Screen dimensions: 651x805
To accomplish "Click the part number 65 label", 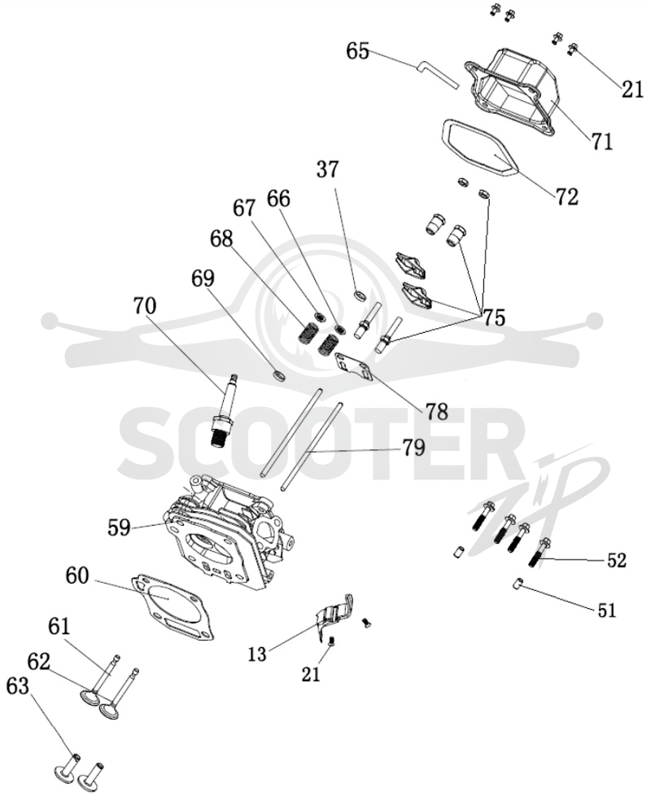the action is (x=358, y=51).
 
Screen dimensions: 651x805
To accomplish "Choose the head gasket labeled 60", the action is (x=173, y=607).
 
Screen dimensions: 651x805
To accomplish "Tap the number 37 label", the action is (x=328, y=169).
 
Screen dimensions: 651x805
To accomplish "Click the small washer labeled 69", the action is (x=279, y=377).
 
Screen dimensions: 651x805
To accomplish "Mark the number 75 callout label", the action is (x=493, y=317).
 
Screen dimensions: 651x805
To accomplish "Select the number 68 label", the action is (x=221, y=238).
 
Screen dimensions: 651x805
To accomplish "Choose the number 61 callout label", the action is (x=60, y=627).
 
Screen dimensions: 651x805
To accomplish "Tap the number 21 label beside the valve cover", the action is (x=632, y=90).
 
